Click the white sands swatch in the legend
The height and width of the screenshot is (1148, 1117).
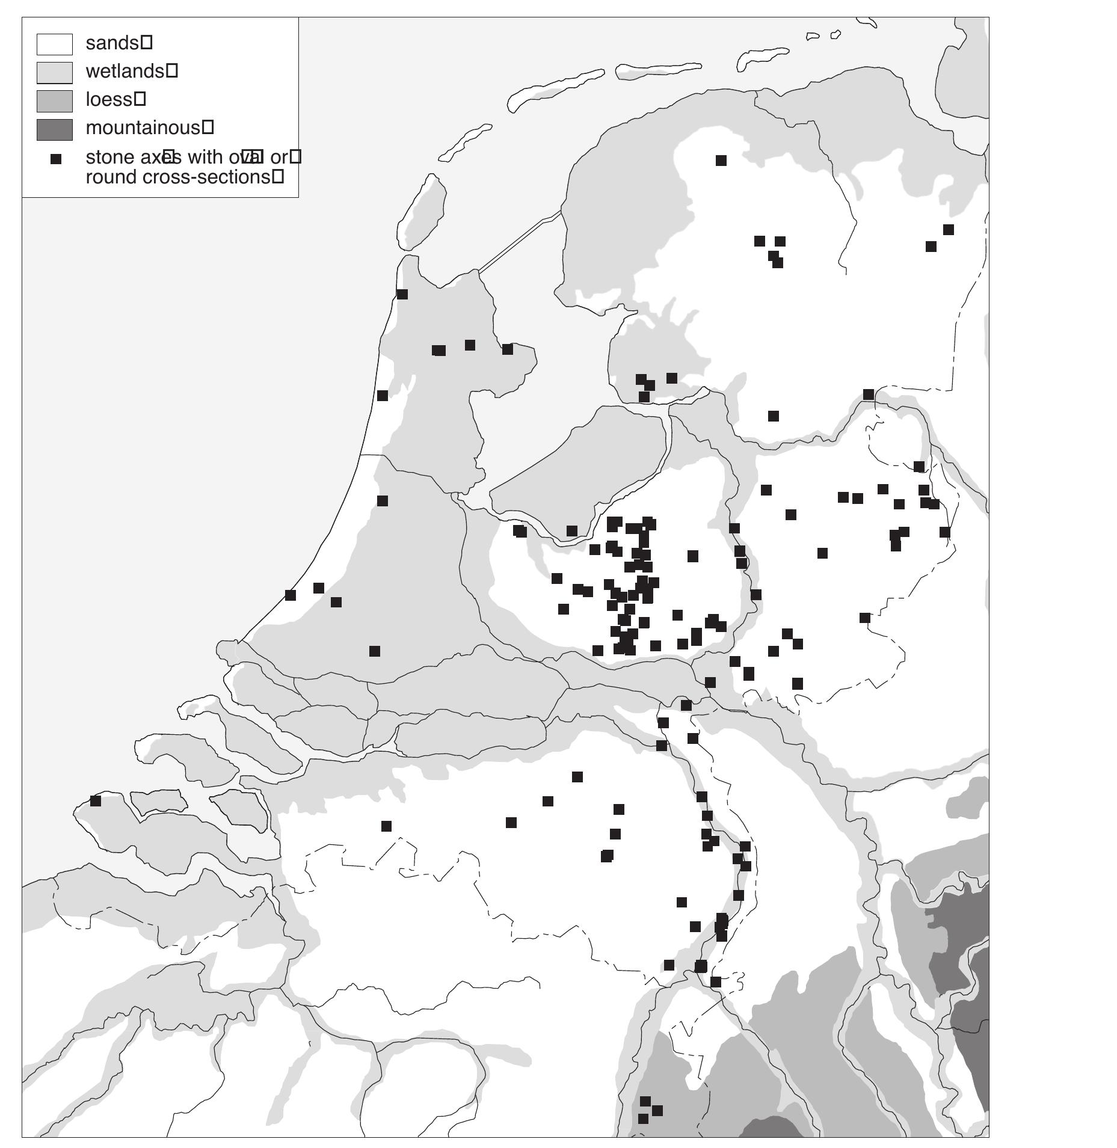[x=54, y=44]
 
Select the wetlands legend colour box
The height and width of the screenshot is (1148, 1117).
[x=54, y=72]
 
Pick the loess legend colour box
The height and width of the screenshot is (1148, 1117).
[x=54, y=100]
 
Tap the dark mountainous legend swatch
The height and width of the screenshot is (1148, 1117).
[x=54, y=129]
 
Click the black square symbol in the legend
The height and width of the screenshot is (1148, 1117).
[x=55, y=159]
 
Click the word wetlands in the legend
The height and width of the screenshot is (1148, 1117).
[x=125, y=71]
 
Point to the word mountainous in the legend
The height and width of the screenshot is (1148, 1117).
[x=142, y=127]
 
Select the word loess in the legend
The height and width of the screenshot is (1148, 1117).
[x=108, y=99]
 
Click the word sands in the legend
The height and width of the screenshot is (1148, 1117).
[x=112, y=43]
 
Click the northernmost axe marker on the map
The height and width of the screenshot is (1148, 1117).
[x=721, y=161]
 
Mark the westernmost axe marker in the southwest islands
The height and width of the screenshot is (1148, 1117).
[x=95, y=800]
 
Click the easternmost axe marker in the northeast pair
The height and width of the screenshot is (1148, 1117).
[x=948, y=230]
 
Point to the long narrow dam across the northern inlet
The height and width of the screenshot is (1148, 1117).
[x=520, y=240]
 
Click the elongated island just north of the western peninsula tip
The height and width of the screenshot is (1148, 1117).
[x=422, y=212]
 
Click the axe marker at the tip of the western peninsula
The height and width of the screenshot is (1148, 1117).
[x=402, y=294]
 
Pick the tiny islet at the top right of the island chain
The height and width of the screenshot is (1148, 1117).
[x=835, y=35]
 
